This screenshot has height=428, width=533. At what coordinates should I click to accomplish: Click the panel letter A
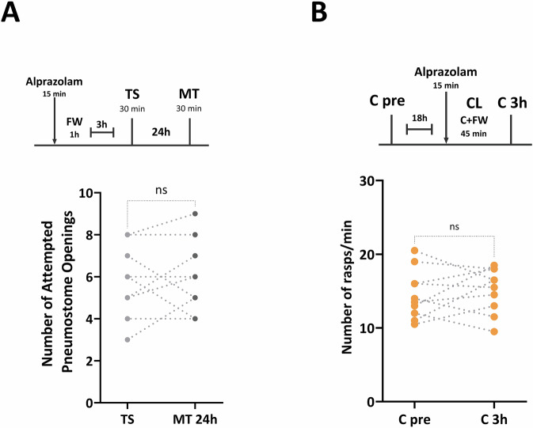coord(11,12)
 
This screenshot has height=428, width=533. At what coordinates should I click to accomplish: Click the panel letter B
coord(296,12)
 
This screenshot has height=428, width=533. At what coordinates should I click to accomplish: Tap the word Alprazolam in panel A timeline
coord(55,81)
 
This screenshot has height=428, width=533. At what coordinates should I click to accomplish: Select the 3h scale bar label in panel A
coord(101,123)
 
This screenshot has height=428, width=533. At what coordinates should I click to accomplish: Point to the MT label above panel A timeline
coord(190,94)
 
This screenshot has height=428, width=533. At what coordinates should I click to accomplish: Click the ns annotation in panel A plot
coord(162,190)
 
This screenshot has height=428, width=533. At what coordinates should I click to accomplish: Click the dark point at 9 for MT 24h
coord(195,214)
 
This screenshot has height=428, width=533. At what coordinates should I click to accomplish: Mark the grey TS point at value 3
coord(128,339)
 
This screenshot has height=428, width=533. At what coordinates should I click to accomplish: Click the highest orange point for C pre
coord(415,251)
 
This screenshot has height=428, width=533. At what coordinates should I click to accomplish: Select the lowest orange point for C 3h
coord(494,331)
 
